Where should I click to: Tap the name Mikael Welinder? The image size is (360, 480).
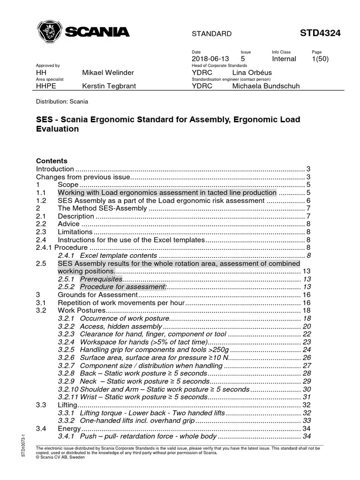click(108, 73)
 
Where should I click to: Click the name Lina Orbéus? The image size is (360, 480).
click(251, 73)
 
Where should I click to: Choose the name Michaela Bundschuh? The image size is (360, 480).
click(265, 86)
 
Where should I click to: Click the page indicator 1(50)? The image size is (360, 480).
click(321, 59)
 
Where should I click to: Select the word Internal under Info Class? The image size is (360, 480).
click(284, 59)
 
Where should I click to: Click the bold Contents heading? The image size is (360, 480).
click(52, 160)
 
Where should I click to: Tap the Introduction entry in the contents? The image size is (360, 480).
click(55, 169)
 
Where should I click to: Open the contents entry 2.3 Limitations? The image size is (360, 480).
click(75, 232)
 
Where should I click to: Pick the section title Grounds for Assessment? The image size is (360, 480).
click(97, 295)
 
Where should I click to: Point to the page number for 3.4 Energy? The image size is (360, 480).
click(307, 428)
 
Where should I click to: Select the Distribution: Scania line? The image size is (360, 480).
click(62, 101)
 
